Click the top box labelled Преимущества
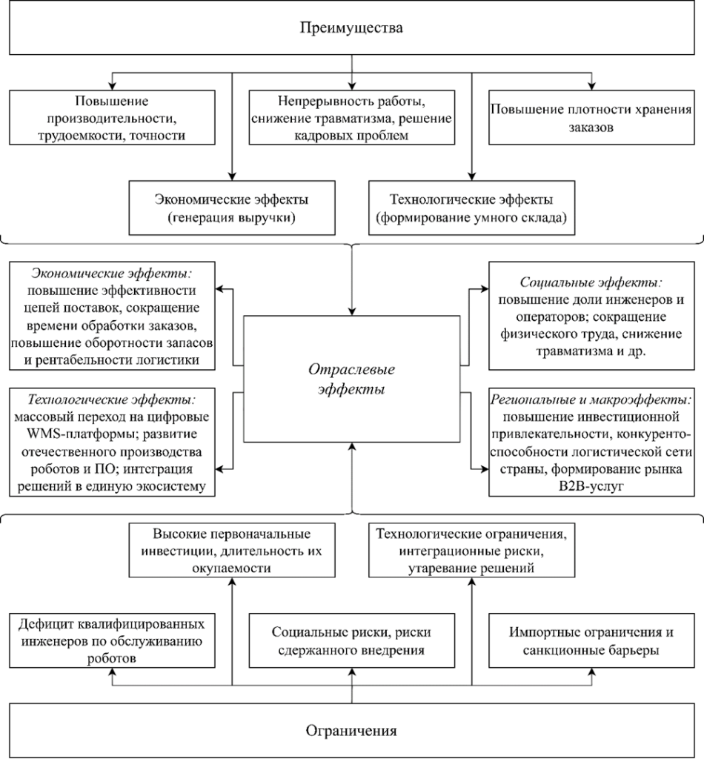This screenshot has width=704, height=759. pyautogui.click(x=351, y=29)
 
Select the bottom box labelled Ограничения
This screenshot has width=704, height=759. pyautogui.click(x=351, y=731)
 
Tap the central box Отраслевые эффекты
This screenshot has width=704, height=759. pyautogui.click(x=352, y=379)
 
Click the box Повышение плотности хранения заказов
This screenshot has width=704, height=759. pyautogui.click(x=592, y=117)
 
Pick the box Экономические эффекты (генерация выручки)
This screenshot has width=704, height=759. pyautogui.click(x=232, y=208)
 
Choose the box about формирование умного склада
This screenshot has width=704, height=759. pyautogui.click(x=471, y=208)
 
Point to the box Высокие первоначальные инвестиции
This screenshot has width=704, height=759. pyautogui.click(x=232, y=550)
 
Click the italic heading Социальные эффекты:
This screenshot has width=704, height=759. pyautogui.click(x=591, y=283)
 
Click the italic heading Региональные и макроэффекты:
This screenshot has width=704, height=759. pyautogui.click(x=592, y=399)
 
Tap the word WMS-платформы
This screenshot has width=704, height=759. pyautogui.click(x=74, y=432)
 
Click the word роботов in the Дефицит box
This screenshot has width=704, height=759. pyautogui.click(x=110, y=657)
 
